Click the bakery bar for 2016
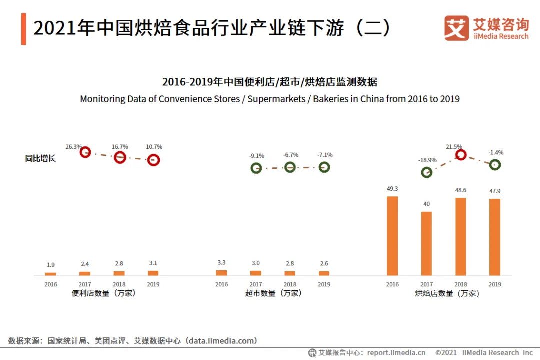(392, 236)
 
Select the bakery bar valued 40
(426, 243)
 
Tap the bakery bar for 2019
(495, 237)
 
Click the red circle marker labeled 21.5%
(461, 155)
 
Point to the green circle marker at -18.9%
(426, 172)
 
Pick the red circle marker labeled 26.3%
(85, 152)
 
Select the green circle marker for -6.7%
(290, 167)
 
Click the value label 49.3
(392, 189)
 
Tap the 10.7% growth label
(154, 147)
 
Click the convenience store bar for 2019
(153, 273)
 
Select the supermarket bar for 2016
(221, 273)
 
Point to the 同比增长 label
(40, 159)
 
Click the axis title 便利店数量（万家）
(104, 293)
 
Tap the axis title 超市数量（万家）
(273, 293)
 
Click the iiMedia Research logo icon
(456, 28)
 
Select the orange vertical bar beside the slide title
(23, 29)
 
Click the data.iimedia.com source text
(222, 341)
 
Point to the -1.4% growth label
(495, 152)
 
